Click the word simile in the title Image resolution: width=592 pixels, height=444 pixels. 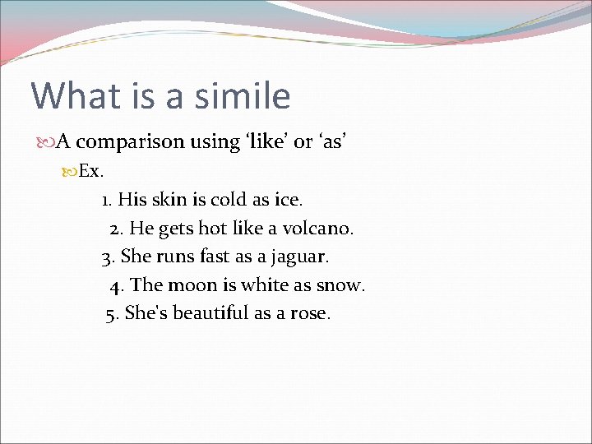(243, 95)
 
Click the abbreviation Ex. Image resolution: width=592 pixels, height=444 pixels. (90, 172)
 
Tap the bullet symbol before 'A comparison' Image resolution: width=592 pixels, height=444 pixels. (46, 142)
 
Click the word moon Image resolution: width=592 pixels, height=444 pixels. (190, 285)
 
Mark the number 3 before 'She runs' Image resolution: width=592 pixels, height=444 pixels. (107, 257)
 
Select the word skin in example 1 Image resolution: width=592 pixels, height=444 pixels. (163, 199)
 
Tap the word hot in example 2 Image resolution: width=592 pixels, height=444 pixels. (212, 227)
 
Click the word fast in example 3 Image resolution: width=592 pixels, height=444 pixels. (215, 257)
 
